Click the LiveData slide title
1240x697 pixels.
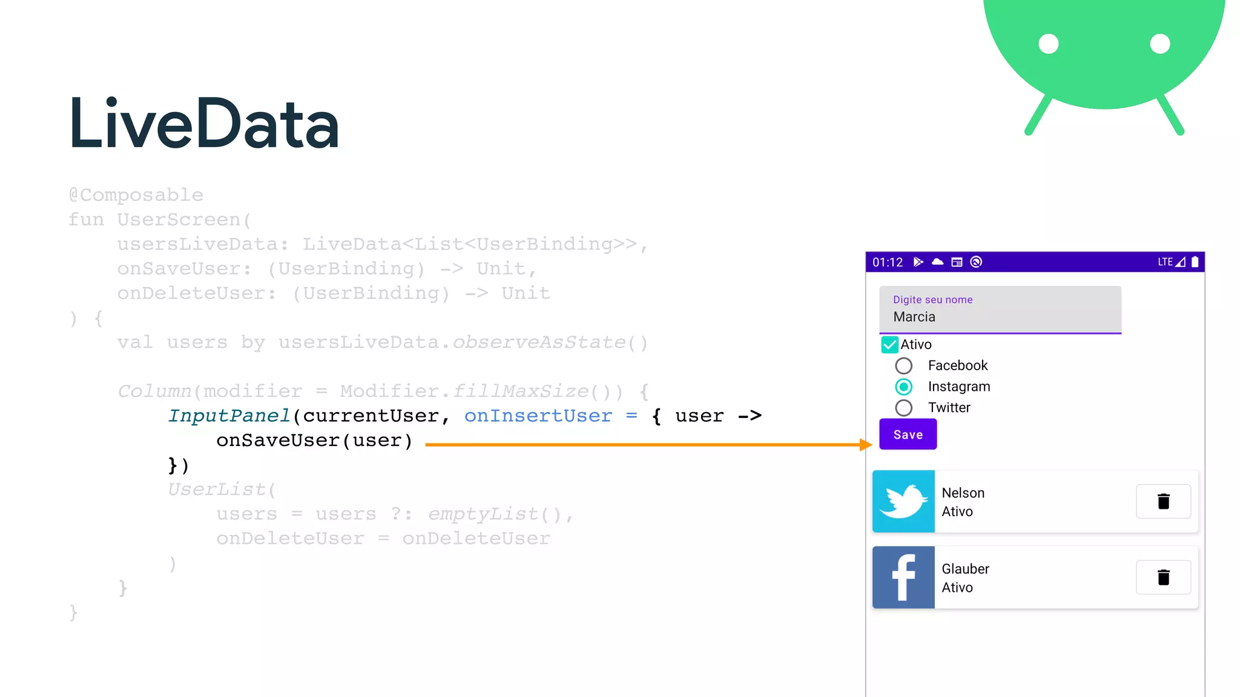click(x=203, y=124)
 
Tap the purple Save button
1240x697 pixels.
click(x=908, y=434)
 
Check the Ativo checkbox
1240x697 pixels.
click(x=889, y=345)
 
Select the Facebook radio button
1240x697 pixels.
click(x=903, y=365)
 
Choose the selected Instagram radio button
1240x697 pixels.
click(x=903, y=387)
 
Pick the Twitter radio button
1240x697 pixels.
click(x=903, y=408)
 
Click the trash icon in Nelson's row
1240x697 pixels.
click(x=1163, y=502)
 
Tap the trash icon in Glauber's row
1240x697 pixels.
click(x=1163, y=577)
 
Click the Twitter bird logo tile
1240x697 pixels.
click(x=903, y=502)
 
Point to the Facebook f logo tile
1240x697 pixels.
click(x=903, y=577)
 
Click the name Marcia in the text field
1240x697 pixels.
click(x=914, y=317)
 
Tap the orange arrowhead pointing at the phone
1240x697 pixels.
click(x=866, y=445)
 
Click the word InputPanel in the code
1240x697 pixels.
click(x=229, y=416)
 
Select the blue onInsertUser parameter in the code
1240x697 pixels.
click(x=538, y=416)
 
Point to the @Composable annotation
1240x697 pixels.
click(x=136, y=195)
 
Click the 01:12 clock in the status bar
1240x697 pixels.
click(x=888, y=262)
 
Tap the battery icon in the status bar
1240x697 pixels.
click(x=1195, y=262)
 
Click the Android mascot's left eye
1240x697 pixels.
click(x=1049, y=44)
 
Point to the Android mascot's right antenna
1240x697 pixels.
click(x=1171, y=115)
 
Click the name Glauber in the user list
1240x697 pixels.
click(x=965, y=569)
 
